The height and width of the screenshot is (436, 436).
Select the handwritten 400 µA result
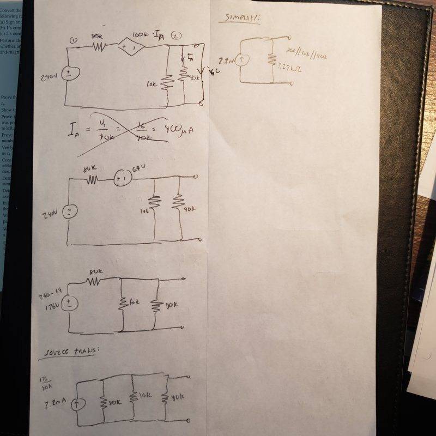pyautogui.click(x=179, y=131)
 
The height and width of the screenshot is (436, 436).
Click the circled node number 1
pyautogui.click(x=75, y=40)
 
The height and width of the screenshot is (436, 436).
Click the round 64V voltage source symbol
pyautogui.click(x=123, y=178)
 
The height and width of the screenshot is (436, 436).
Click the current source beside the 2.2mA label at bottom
pyautogui.click(x=77, y=404)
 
